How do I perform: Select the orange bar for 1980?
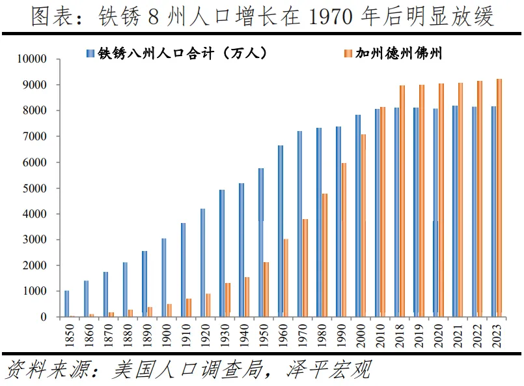(x=324, y=255)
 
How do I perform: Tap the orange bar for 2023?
(x=499, y=198)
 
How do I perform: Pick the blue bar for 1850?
(x=66, y=304)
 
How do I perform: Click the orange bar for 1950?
(x=266, y=289)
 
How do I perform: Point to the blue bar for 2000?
(x=358, y=216)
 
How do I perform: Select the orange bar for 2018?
(x=402, y=201)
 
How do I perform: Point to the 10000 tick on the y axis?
(x=32, y=59)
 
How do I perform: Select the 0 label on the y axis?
(x=44, y=318)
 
